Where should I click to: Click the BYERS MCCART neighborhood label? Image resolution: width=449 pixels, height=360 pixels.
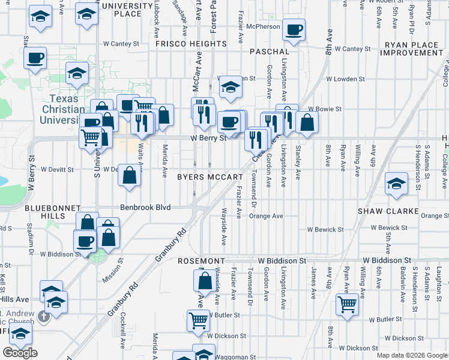[209, 177]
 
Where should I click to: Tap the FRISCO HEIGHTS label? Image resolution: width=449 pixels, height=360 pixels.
[191, 44]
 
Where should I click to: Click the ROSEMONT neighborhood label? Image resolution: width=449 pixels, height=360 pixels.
[201, 262]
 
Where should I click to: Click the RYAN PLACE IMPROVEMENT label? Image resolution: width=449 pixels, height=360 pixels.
[414, 49]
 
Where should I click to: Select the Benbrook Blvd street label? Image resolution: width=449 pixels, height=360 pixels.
[145, 208]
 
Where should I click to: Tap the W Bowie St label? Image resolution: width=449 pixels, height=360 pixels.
[325, 109]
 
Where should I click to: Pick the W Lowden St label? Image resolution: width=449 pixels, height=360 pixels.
[342, 79]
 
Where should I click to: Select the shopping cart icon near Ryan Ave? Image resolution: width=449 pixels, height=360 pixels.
[347, 304]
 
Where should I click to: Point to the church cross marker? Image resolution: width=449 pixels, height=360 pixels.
[43, 316]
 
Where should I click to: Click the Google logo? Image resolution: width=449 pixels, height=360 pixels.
[20, 353]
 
